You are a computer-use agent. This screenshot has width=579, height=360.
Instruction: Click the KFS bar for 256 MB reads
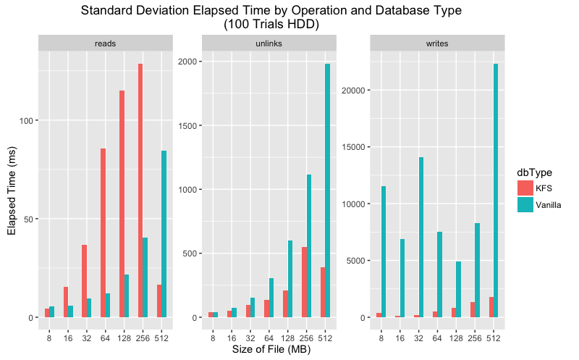click(x=140, y=191)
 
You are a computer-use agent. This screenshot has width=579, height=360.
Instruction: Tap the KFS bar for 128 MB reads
click(x=122, y=204)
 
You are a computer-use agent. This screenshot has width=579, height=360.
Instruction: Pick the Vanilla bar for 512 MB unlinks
click(x=328, y=191)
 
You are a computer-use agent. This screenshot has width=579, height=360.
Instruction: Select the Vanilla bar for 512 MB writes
click(x=495, y=191)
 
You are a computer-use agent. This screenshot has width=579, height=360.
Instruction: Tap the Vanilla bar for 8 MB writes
click(x=383, y=251)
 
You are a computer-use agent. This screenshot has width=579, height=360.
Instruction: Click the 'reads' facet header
click(x=105, y=43)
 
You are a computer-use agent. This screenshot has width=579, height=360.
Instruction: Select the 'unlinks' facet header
click(x=271, y=43)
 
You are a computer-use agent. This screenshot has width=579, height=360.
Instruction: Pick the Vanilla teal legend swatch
click(x=524, y=205)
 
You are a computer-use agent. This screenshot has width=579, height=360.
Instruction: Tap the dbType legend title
click(x=534, y=172)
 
